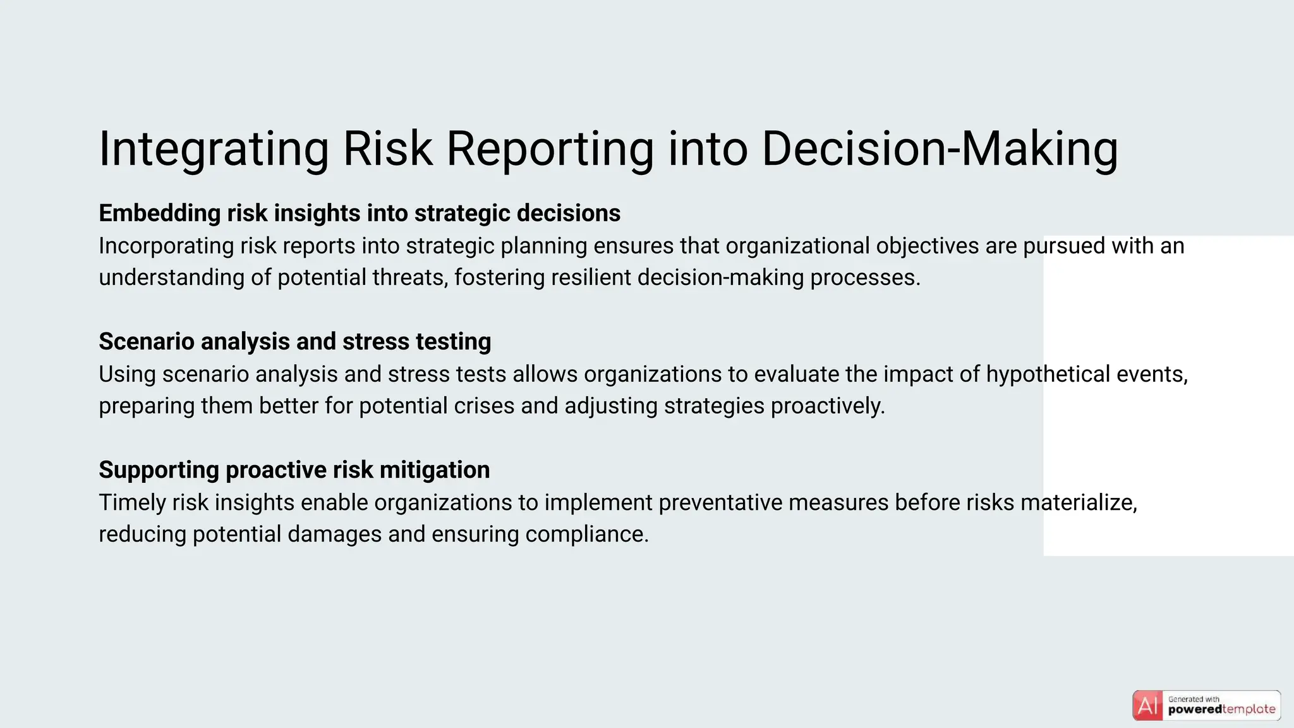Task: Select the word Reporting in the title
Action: coord(550,149)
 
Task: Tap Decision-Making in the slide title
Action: coord(940,149)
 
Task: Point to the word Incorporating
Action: coord(166,246)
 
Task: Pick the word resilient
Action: coord(591,277)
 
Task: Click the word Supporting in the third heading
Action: coord(159,470)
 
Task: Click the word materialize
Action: coord(1079,502)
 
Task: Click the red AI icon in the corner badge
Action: coord(1147,706)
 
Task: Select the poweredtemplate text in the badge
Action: coord(1221,710)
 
